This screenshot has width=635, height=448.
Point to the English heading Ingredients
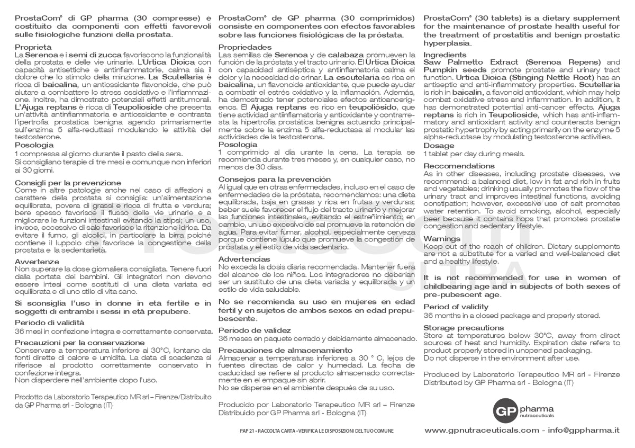[x=446, y=55]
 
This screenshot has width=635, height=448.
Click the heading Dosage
[x=439, y=146]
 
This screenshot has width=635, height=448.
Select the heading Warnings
[x=442, y=239]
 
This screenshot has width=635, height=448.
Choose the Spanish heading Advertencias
[x=244, y=259]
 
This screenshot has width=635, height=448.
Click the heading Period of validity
[x=456, y=307]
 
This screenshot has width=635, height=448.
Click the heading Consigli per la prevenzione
[x=68, y=183]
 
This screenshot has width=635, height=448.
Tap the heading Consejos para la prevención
[x=275, y=180]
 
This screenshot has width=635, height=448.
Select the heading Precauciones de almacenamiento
[x=285, y=351]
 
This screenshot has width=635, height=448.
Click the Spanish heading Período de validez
[x=255, y=330]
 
